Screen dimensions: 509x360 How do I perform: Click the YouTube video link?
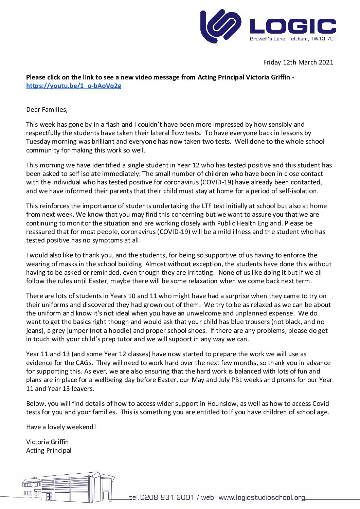pyautogui.click(x=74, y=86)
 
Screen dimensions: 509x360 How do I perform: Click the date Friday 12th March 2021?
pyautogui.click(x=298, y=62)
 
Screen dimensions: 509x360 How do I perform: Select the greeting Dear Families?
pyautogui.click(x=47, y=110)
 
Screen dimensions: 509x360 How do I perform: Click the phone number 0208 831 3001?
pyautogui.click(x=167, y=497)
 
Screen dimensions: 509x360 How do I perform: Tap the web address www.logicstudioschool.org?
pyautogui.click(x=262, y=497)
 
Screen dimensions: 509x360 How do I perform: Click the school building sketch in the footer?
pyautogui.click(x=68, y=487)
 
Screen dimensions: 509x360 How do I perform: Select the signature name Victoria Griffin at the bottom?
pyautogui.click(x=48, y=442)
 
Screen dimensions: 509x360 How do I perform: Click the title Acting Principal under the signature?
pyautogui.click(x=49, y=451)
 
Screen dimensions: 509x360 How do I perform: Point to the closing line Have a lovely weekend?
pyautogui.click(x=61, y=427)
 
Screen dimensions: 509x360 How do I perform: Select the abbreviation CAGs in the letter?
pyautogui.click(x=83, y=363)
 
